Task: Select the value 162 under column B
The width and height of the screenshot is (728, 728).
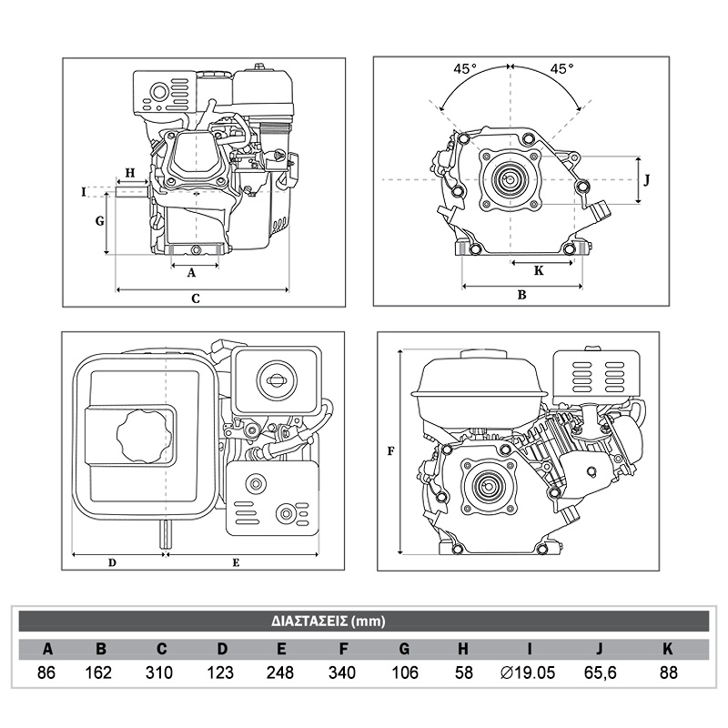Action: click(101, 673)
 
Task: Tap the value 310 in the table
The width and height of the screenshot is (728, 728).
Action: click(161, 673)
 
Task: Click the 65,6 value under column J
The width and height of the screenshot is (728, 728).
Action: click(599, 673)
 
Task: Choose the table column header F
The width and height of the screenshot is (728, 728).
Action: click(343, 650)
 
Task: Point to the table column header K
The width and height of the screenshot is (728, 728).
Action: click(668, 650)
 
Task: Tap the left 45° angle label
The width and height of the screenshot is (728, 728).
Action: click(466, 68)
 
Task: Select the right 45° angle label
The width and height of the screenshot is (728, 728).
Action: click(561, 68)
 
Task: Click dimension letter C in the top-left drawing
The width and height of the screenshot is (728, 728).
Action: click(195, 298)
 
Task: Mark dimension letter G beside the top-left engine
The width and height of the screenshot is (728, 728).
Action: click(100, 221)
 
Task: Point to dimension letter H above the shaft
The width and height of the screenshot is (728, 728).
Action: click(129, 172)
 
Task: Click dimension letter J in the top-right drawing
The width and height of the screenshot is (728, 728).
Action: click(646, 179)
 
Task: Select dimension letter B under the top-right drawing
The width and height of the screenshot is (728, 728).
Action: click(521, 294)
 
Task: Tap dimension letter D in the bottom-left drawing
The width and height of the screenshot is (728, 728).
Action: click(112, 562)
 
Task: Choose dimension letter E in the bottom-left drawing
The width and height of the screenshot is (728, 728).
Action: click(236, 562)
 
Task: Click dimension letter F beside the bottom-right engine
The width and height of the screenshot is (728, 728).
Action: click(390, 450)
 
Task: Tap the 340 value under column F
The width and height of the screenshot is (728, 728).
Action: click(343, 673)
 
